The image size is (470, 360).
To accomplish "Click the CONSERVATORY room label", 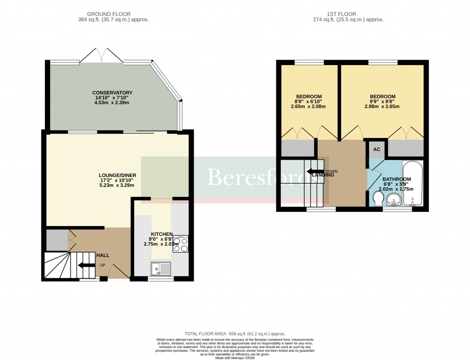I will coord(112,93).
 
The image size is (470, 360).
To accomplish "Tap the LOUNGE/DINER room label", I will coord(117,175).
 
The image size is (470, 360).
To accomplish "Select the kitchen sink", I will coord(161,268).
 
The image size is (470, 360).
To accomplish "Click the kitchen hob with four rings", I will coord(180,244).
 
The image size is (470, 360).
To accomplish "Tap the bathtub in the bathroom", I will coord(413,183).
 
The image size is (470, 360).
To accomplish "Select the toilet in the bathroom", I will coord(378,199).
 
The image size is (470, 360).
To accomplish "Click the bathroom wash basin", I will coord(393,200).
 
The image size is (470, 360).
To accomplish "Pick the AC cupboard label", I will coord(376,150).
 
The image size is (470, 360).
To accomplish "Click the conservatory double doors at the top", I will coord(101,55).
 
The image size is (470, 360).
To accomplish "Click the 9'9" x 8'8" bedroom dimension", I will coord(382,101).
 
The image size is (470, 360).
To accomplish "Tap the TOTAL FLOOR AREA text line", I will coord(235,334).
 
